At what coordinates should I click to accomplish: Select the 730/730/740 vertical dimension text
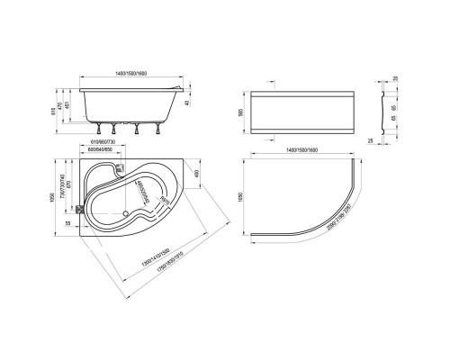tap(63, 184)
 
